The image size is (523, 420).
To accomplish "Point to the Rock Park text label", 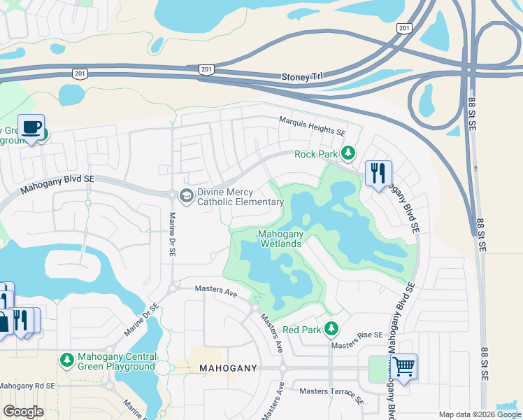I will point(316,154).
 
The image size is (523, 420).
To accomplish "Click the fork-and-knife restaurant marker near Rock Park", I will point(378,173).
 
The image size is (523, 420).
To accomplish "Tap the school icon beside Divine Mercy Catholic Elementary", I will point(187,195).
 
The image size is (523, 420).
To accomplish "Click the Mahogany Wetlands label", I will point(280,239).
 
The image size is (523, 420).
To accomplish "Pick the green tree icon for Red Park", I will point(331,328).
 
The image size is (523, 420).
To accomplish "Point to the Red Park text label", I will point(301,329).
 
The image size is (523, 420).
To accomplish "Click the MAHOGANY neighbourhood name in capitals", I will point(228,367).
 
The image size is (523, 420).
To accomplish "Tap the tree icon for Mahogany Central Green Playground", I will point(66,359).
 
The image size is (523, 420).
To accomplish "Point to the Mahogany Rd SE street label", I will point(27,385).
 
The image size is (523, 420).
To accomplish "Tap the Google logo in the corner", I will point(23,411).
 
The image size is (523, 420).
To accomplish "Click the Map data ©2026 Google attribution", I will point(479,414).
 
